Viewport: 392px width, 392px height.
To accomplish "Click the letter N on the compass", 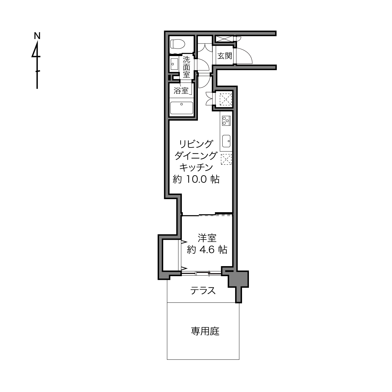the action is [x=37, y=36].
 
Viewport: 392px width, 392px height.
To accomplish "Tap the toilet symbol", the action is [x=178, y=44].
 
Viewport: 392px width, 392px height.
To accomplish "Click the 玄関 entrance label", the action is [x=224, y=56].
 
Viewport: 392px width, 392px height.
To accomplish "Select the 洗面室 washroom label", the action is [x=186, y=67].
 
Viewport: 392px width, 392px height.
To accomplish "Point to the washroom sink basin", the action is [x=174, y=64].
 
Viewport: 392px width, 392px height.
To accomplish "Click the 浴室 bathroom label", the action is [x=181, y=90].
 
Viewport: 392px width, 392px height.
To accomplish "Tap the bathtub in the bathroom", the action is [x=182, y=108].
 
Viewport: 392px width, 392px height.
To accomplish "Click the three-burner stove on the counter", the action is [x=226, y=121].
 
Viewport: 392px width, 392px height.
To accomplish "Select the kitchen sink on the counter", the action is [x=226, y=141].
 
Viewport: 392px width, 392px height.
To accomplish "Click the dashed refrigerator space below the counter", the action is [x=226, y=159].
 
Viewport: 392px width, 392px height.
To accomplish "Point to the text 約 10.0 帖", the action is [x=196, y=179].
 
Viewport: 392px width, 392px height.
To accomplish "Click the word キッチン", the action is [x=196, y=167].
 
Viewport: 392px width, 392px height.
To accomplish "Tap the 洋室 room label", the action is [x=207, y=238].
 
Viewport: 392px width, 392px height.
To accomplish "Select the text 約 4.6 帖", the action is [x=207, y=250].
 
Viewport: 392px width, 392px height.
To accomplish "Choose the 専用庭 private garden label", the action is [x=205, y=331].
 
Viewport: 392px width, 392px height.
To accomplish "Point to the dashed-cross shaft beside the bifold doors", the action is [x=226, y=100].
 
